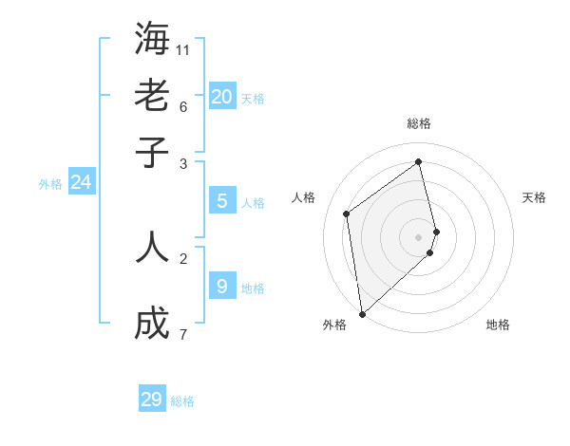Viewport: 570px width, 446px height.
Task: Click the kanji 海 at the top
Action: pos(152,38)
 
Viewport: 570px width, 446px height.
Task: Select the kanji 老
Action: pos(152,95)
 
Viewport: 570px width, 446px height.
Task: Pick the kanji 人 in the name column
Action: pos(152,247)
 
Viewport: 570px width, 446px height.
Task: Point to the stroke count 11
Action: pos(183,49)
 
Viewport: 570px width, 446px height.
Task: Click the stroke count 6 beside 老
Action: pos(183,105)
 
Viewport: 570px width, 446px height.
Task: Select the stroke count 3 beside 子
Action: pos(183,163)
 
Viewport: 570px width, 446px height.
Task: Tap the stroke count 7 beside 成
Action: pos(183,334)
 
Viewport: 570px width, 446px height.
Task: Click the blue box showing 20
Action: pos(222,96)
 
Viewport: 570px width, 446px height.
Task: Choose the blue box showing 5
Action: pos(222,201)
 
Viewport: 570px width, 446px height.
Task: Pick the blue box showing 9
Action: pos(222,286)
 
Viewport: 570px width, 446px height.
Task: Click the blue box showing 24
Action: pos(82,182)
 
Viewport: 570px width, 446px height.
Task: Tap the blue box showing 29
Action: pos(152,400)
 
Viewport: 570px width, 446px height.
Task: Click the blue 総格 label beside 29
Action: pos(182,401)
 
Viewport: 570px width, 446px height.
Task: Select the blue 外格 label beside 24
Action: pos(50,184)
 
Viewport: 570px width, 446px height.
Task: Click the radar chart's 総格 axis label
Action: pos(419,123)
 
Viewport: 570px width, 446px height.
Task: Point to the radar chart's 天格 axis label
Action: pos(534,197)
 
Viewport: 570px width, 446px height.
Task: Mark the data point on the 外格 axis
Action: pos(362,314)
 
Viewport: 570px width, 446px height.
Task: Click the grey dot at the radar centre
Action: pos(419,236)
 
